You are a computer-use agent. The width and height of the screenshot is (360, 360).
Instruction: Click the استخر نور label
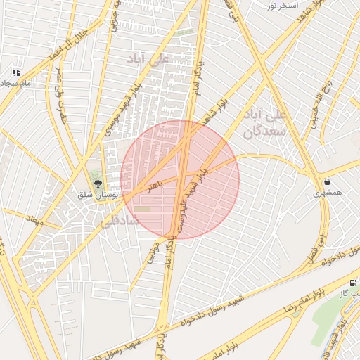click(x=281, y=6)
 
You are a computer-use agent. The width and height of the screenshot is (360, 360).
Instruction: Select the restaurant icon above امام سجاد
click(x=15, y=72)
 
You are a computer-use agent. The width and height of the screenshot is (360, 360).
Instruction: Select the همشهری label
click(x=328, y=192)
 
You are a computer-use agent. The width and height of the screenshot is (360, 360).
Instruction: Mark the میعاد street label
click(x=34, y=221)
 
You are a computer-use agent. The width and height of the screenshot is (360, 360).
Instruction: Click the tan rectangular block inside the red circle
click(x=143, y=209)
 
